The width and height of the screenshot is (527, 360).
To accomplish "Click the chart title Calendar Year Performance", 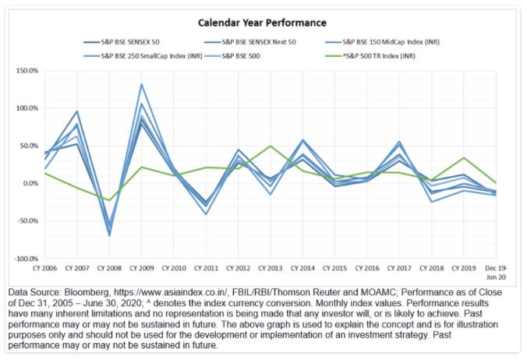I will pos(262,23).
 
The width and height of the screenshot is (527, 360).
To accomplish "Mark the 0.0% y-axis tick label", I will pos(30,184).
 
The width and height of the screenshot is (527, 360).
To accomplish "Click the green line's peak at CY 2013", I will pos(270,146).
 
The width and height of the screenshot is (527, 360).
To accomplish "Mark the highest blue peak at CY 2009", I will pos(141,84).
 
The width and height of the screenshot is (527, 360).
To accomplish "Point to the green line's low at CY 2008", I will pos(109,200).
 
